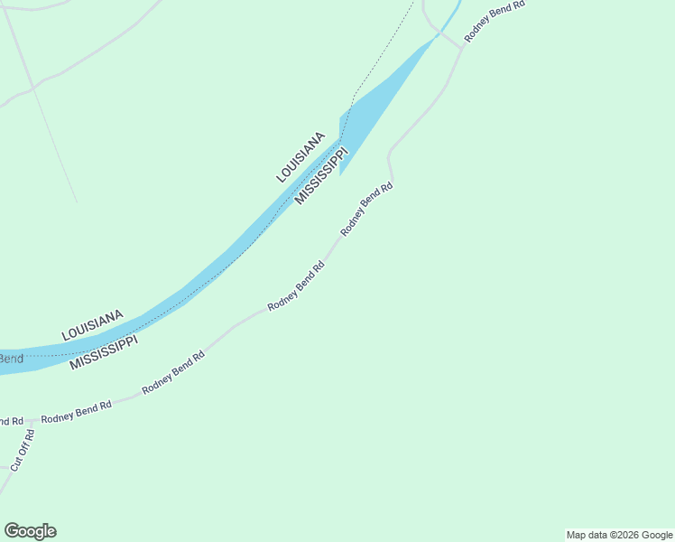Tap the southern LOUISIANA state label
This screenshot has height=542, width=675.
(x=92, y=325)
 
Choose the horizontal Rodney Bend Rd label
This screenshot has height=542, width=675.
(x=77, y=412)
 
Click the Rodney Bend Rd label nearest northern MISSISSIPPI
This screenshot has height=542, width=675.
(x=367, y=210)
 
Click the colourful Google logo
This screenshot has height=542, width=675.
(x=30, y=531)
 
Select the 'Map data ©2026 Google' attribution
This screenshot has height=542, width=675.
(x=620, y=535)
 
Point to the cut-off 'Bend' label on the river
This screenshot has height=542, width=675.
(x=11, y=360)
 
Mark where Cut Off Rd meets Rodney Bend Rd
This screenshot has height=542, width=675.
(x=31, y=421)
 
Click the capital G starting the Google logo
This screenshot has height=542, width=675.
(x=12, y=531)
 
